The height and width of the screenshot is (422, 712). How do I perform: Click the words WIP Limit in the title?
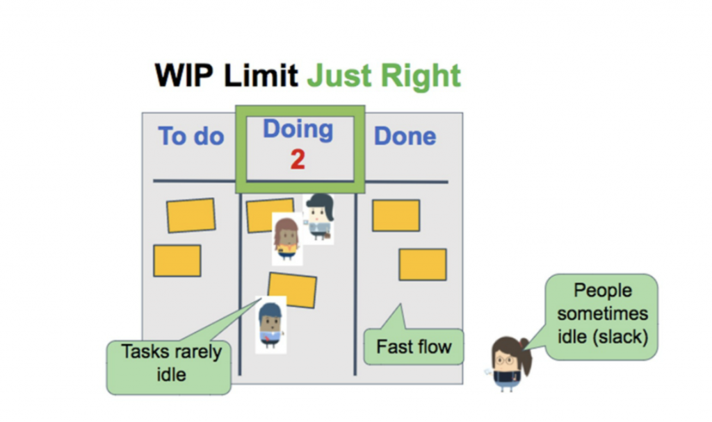point(227,76)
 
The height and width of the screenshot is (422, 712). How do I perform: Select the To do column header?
point(191,136)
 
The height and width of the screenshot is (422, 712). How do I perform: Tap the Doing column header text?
point(298,129)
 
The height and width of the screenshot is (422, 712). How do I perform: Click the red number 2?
point(298,160)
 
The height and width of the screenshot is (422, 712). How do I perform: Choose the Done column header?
point(405,136)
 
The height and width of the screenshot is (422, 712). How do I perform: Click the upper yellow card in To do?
point(191,215)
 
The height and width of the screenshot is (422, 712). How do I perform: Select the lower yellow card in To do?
point(177,260)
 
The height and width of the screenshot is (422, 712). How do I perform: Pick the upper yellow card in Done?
point(396,215)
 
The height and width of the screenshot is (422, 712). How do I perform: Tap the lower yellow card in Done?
point(423,264)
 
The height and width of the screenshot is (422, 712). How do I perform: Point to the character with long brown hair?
point(286,238)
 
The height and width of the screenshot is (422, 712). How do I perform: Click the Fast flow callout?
point(414,346)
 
